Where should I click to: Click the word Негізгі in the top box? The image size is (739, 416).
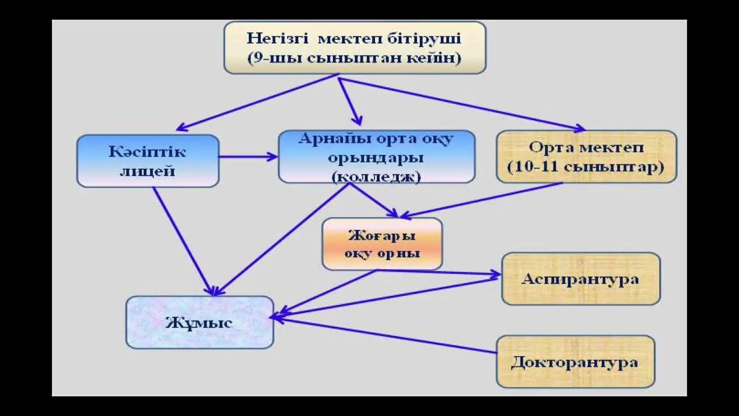point(278,39)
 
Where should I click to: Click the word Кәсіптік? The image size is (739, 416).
point(147,152)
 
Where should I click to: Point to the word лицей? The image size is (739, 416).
point(147,172)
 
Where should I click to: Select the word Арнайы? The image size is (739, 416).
point(334,139)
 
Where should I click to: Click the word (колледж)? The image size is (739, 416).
point(376,177)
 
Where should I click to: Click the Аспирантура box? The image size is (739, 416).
point(581,279)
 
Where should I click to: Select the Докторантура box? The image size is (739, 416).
point(576,362)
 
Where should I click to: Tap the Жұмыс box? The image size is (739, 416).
point(200,322)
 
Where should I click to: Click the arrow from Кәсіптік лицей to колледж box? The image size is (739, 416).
point(248,157)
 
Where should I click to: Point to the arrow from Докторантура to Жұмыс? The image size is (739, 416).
point(385,336)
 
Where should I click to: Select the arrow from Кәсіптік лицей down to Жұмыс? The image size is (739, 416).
point(184,241)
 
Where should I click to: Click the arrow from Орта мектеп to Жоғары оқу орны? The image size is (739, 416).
point(481,200)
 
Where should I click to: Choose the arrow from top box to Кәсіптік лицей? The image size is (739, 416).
point(257,102)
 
